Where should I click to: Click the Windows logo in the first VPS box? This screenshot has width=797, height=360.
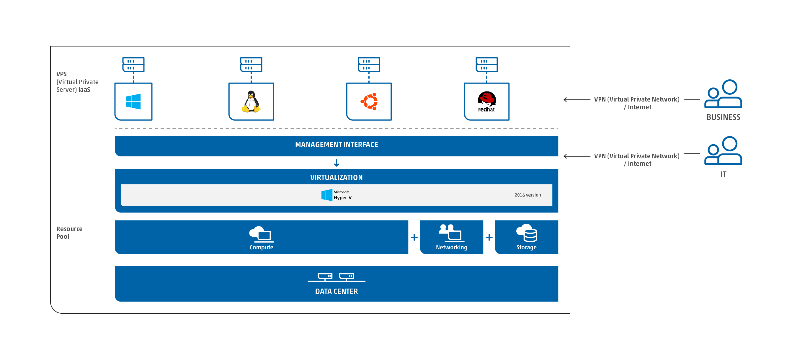point(133,102)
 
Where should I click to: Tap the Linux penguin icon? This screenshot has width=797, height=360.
point(251,102)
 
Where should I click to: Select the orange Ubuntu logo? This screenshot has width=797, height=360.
point(369,102)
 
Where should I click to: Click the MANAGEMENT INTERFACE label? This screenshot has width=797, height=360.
point(336,145)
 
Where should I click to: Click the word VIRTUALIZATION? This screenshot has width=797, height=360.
point(336,178)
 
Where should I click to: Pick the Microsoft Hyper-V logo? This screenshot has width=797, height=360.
point(336,195)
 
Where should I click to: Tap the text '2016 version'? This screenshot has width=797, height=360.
point(527,195)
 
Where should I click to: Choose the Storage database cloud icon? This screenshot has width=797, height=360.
point(526,233)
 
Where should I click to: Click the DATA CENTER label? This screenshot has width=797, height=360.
point(336,291)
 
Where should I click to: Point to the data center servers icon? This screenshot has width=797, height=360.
point(336,277)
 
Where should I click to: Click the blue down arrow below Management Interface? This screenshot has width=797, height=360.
point(337,163)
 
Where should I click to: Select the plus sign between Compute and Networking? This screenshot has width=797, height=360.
point(414,238)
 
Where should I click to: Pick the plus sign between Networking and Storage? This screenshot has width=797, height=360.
point(489,238)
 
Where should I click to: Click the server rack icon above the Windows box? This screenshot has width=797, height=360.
point(133,65)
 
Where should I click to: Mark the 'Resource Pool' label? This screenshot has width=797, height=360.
point(69,233)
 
